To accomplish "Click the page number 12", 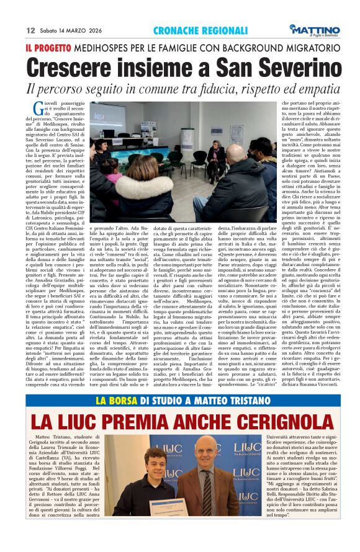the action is (30, 30).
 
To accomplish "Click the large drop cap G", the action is (37, 106).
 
